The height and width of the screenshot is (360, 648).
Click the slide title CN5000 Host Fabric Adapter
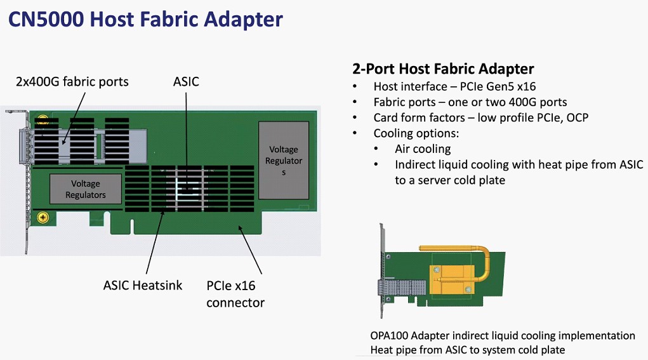145,19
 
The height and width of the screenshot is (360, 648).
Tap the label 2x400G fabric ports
72,81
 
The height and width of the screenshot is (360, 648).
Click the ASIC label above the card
186,81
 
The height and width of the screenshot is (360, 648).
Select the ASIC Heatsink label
143,285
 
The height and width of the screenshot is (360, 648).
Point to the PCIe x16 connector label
235,294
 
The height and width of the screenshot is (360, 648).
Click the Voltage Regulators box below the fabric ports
86,189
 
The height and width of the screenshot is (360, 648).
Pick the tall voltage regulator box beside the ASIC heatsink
284,161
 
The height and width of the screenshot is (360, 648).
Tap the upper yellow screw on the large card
43,120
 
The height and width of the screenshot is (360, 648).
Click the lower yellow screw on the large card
43,217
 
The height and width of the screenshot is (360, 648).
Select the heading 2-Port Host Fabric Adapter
443,69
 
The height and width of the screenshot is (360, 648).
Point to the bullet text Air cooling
422,149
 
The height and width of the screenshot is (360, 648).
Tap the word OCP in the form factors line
578,118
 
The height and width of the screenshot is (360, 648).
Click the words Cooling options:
416,133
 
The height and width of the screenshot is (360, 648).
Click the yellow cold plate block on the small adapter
452,279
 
